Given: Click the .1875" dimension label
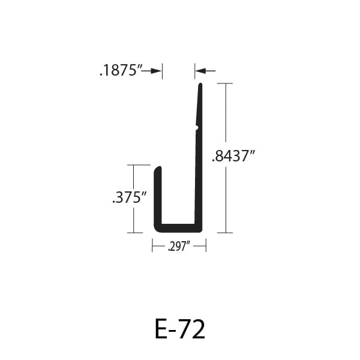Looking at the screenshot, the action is (121, 70).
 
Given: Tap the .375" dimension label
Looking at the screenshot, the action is (129, 197).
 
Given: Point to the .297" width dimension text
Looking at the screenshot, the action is (179, 247).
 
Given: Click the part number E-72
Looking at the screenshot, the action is (180, 329).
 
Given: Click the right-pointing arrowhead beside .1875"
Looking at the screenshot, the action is (157, 71).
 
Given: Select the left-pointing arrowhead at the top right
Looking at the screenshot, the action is (200, 71).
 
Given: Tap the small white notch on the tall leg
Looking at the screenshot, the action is (197, 128).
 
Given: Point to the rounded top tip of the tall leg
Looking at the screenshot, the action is (200, 84).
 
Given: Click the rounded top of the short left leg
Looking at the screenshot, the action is (158, 168).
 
